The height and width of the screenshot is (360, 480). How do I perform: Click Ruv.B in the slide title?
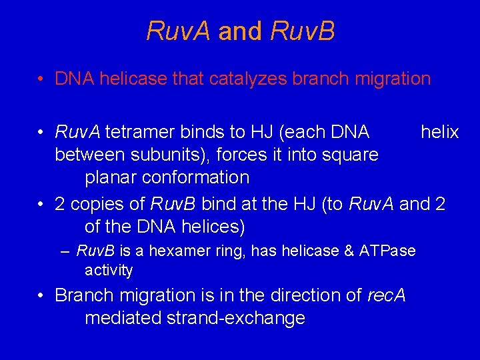tap(303, 31)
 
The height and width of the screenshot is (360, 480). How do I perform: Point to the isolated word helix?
tap(439, 132)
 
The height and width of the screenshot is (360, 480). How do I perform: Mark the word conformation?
tap(200, 177)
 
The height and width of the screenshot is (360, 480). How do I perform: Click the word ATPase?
tap(387, 251)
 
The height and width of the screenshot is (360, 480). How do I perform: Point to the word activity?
tap(109, 270)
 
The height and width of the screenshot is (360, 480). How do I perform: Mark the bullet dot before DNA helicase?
tap(42, 79)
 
